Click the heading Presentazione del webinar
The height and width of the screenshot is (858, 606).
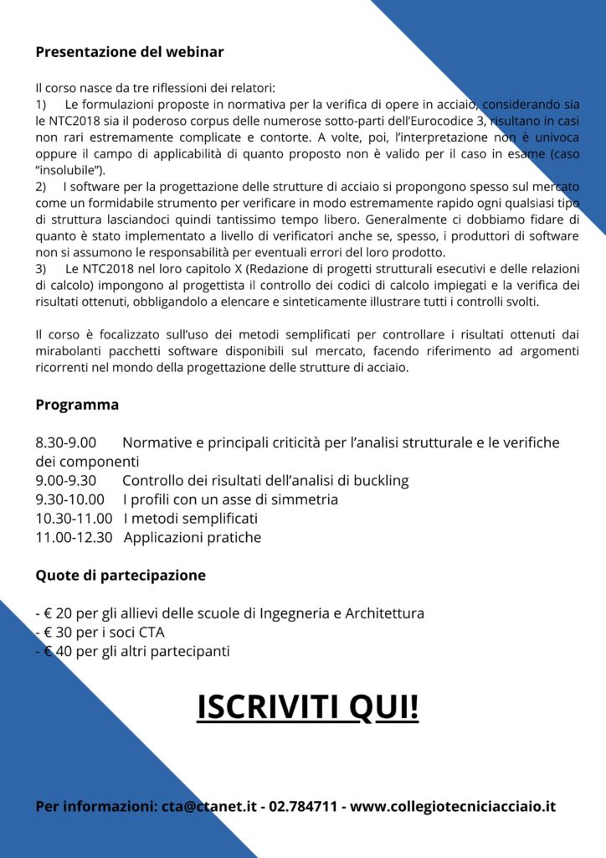pyautogui.click(x=130, y=52)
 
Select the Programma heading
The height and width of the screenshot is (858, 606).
pyautogui.click(x=77, y=405)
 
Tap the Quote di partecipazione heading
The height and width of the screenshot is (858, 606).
pyautogui.click(x=121, y=576)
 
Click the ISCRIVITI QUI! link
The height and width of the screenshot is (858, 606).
pyautogui.click(x=307, y=706)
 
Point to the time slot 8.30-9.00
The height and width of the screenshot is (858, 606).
pyautogui.click(x=66, y=442)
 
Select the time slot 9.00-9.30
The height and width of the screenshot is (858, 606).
pyautogui.click(x=66, y=481)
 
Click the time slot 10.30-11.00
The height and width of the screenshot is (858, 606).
pyautogui.click(x=74, y=519)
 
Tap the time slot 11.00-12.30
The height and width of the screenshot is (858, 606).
pyautogui.click(x=74, y=538)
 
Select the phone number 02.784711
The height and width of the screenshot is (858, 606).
pyautogui.click(x=303, y=807)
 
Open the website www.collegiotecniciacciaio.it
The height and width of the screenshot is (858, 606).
pyautogui.click(x=453, y=807)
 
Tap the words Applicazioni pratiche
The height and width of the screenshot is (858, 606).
pyautogui.click(x=193, y=538)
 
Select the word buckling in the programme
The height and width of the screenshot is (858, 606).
pyautogui.click(x=380, y=481)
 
